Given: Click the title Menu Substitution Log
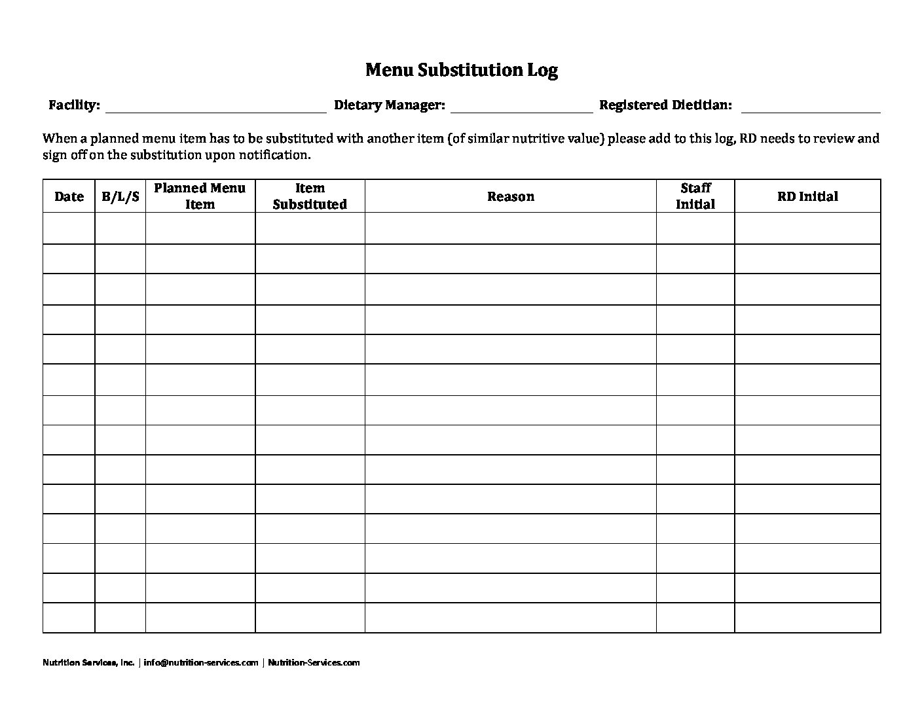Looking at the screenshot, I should (x=461, y=70).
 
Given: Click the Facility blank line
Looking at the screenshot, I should (x=215, y=108).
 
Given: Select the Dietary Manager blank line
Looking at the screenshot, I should (x=521, y=108).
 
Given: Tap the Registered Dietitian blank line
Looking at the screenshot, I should (x=810, y=108).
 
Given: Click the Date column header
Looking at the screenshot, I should (x=69, y=196).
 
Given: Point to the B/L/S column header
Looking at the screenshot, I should (x=120, y=196).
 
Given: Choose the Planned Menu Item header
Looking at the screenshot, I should (x=200, y=196).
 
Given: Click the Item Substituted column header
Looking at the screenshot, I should (x=310, y=196).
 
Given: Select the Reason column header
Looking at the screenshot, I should (x=510, y=196).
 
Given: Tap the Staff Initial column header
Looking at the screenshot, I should (x=695, y=196).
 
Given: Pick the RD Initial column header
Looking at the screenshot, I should (x=807, y=196).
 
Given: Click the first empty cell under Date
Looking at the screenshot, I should (x=69, y=228).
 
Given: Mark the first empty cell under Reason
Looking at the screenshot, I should (x=510, y=228).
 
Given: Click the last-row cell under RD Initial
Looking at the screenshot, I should (x=807, y=618).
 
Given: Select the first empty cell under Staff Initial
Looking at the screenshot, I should (x=695, y=228).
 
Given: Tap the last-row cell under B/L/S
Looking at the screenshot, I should (x=120, y=618).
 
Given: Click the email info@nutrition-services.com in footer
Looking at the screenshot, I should (x=201, y=662).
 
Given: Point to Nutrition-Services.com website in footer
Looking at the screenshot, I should (x=314, y=662).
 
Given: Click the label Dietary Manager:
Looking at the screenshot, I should (x=390, y=105).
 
